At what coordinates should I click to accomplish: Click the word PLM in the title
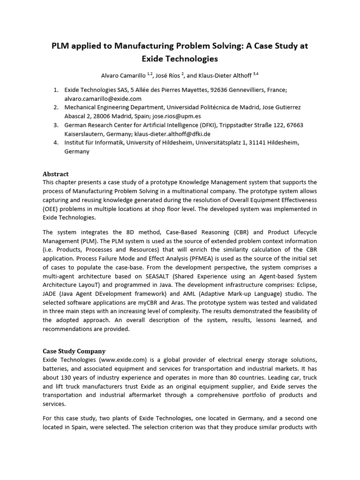click(x=61, y=46)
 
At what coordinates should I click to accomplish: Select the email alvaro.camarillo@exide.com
click(x=103, y=98)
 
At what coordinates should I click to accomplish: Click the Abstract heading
click(x=56, y=173)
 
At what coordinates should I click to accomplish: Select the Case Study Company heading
click(x=74, y=351)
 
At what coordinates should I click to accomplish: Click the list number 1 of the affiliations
click(x=55, y=90)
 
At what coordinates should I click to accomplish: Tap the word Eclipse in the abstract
click(x=305, y=285)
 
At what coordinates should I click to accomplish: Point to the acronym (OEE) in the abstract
click(x=51, y=209)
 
